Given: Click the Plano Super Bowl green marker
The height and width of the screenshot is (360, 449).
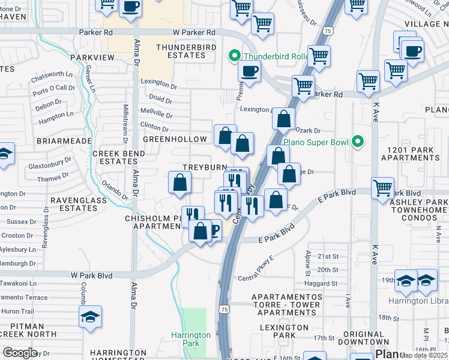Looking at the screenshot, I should click(x=358, y=142).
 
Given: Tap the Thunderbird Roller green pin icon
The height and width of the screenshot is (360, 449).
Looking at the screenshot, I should click(x=234, y=57).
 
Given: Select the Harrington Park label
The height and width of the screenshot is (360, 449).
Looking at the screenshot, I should click(x=190, y=339).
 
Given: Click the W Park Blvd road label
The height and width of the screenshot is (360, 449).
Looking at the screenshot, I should click(x=92, y=275).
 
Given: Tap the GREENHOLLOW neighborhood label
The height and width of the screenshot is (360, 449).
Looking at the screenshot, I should click(x=175, y=139).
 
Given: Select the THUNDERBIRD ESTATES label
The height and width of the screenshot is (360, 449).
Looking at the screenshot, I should click(x=181, y=51).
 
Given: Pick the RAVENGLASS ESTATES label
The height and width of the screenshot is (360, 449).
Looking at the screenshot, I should click(x=74, y=204).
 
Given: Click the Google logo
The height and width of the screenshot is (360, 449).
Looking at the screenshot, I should click(x=20, y=352).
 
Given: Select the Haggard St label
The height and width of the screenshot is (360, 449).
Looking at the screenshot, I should click(x=321, y=283).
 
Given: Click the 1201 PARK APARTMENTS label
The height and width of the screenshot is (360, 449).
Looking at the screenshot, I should click(x=413, y=154).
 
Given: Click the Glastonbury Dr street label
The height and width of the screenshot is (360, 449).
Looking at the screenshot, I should click(x=50, y=163).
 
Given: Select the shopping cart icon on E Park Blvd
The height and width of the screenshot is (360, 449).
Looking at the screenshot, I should click(x=382, y=188).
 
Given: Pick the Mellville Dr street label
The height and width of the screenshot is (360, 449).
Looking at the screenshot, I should click(x=156, y=113).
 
